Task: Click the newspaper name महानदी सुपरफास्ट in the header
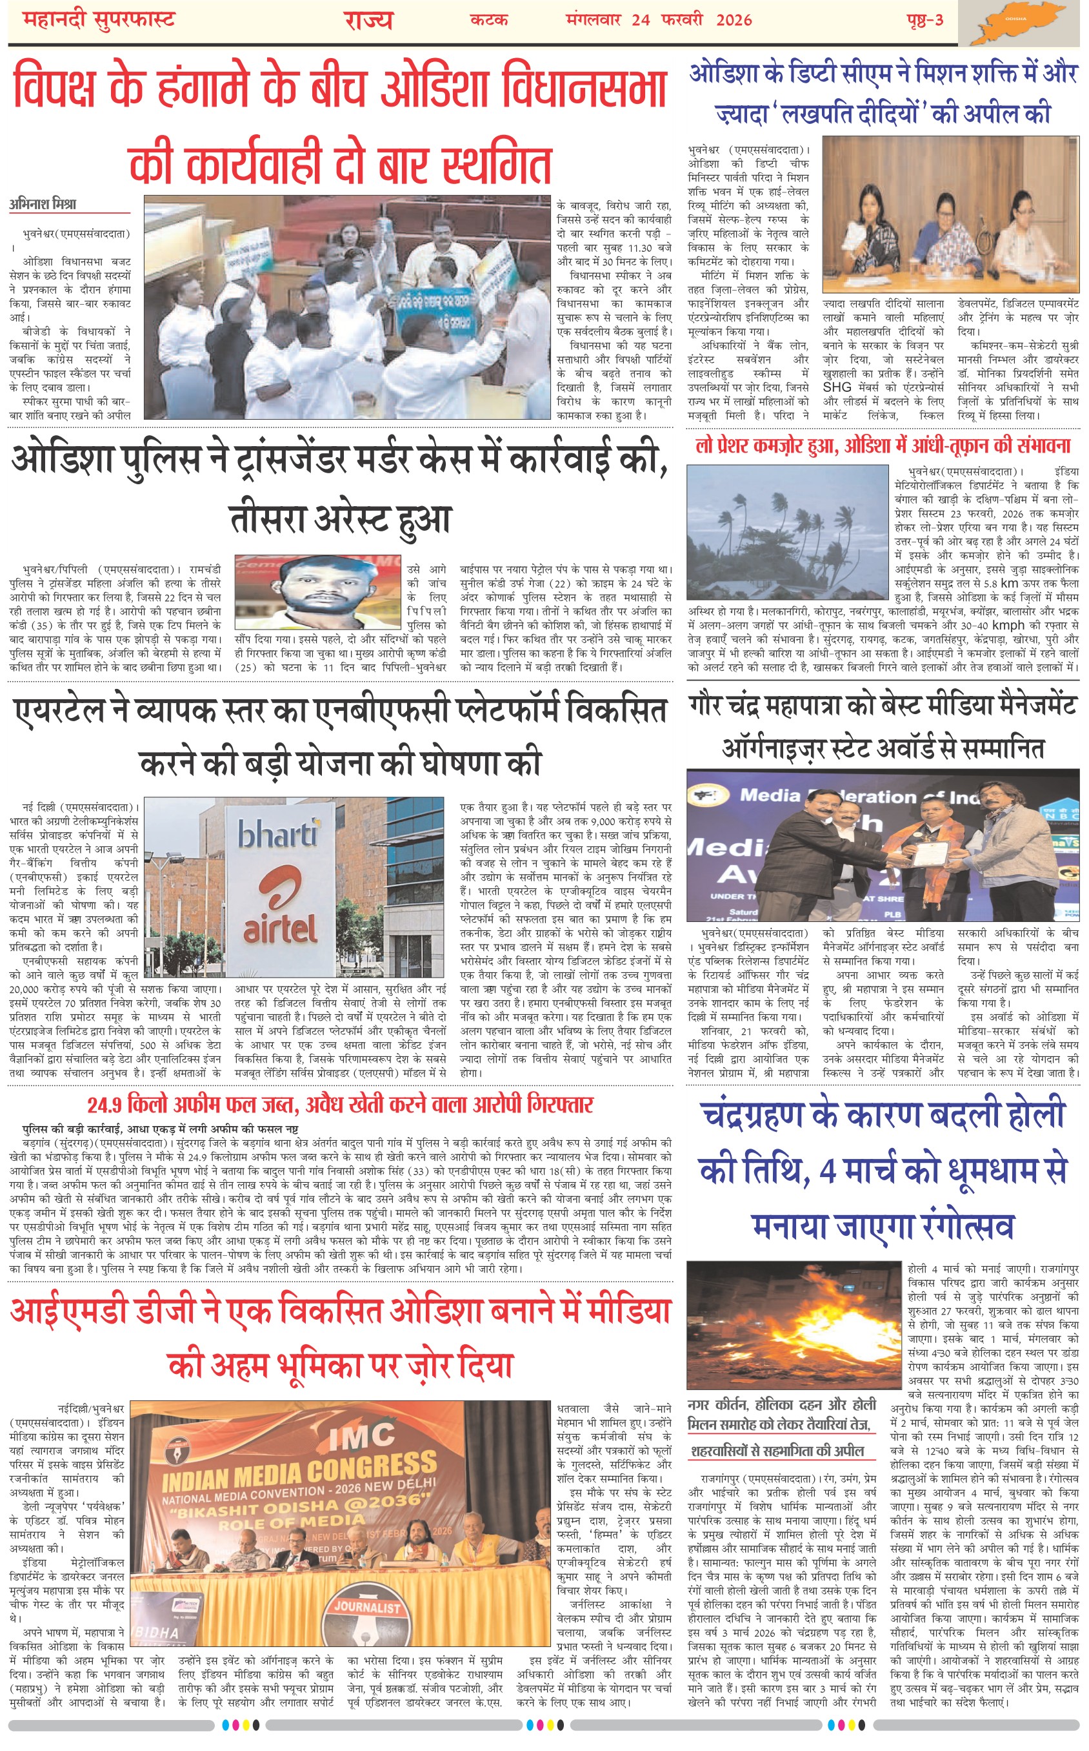(x=99, y=19)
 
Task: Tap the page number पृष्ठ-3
(x=924, y=19)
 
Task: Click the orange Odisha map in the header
(x=1022, y=24)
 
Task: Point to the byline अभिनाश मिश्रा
(x=43, y=204)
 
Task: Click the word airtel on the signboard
(x=279, y=930)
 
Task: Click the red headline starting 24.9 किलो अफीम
(x=340, y=1105)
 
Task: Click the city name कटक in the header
(x=488, y=19)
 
